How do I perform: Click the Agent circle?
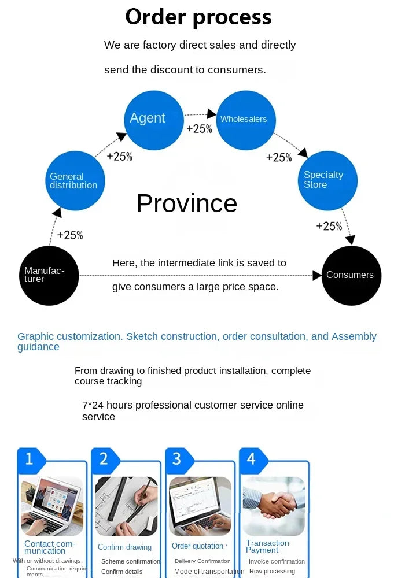tap(154, 120)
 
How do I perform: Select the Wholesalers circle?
tap(246, 120)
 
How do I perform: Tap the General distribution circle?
tap(75, 180)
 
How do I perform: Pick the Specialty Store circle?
tap(328, 180)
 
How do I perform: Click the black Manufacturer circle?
tap(49, 276)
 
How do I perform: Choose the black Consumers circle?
tap(352, 276)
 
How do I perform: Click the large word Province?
tap(187, 203)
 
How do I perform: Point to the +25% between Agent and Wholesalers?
tap(199, 129)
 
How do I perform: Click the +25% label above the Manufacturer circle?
tap(70, 235)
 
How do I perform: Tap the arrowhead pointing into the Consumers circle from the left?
tap(317, 275)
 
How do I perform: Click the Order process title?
tap(198, 17)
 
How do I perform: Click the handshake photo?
tap(274, 506)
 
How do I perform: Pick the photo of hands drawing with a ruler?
tap(127, 506)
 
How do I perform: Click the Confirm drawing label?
tap(124, 547)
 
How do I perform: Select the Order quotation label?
tap(197, 546)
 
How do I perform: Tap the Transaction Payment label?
tap(267, 546)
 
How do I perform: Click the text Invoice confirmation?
tap(277, 561)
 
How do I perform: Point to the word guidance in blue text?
tap(38, 347)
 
